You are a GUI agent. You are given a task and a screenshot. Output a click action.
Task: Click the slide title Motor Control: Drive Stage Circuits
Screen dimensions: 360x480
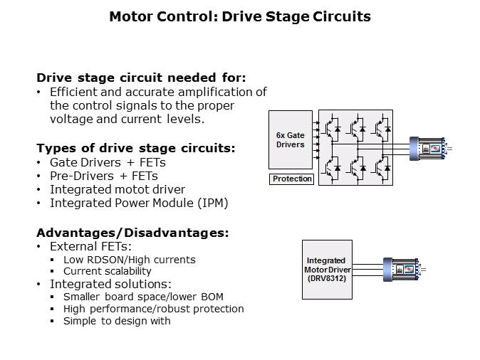239,16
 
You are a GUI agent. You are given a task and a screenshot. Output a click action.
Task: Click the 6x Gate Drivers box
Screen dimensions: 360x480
290,139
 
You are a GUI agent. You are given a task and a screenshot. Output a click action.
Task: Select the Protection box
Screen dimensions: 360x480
292,179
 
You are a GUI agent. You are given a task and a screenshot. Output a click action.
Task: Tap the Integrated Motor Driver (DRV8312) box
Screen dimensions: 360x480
326,269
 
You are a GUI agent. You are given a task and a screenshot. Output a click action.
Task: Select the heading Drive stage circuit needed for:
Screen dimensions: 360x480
141,78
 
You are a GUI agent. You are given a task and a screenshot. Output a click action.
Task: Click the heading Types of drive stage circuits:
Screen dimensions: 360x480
135,148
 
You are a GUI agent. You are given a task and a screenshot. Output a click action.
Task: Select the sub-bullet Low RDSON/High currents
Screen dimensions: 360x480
129,259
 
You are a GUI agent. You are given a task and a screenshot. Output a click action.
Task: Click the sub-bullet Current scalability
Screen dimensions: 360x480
107,271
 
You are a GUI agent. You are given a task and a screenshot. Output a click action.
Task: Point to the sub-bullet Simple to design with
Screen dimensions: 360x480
117,321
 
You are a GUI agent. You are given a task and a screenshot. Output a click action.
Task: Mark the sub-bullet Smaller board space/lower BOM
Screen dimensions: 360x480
141,296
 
